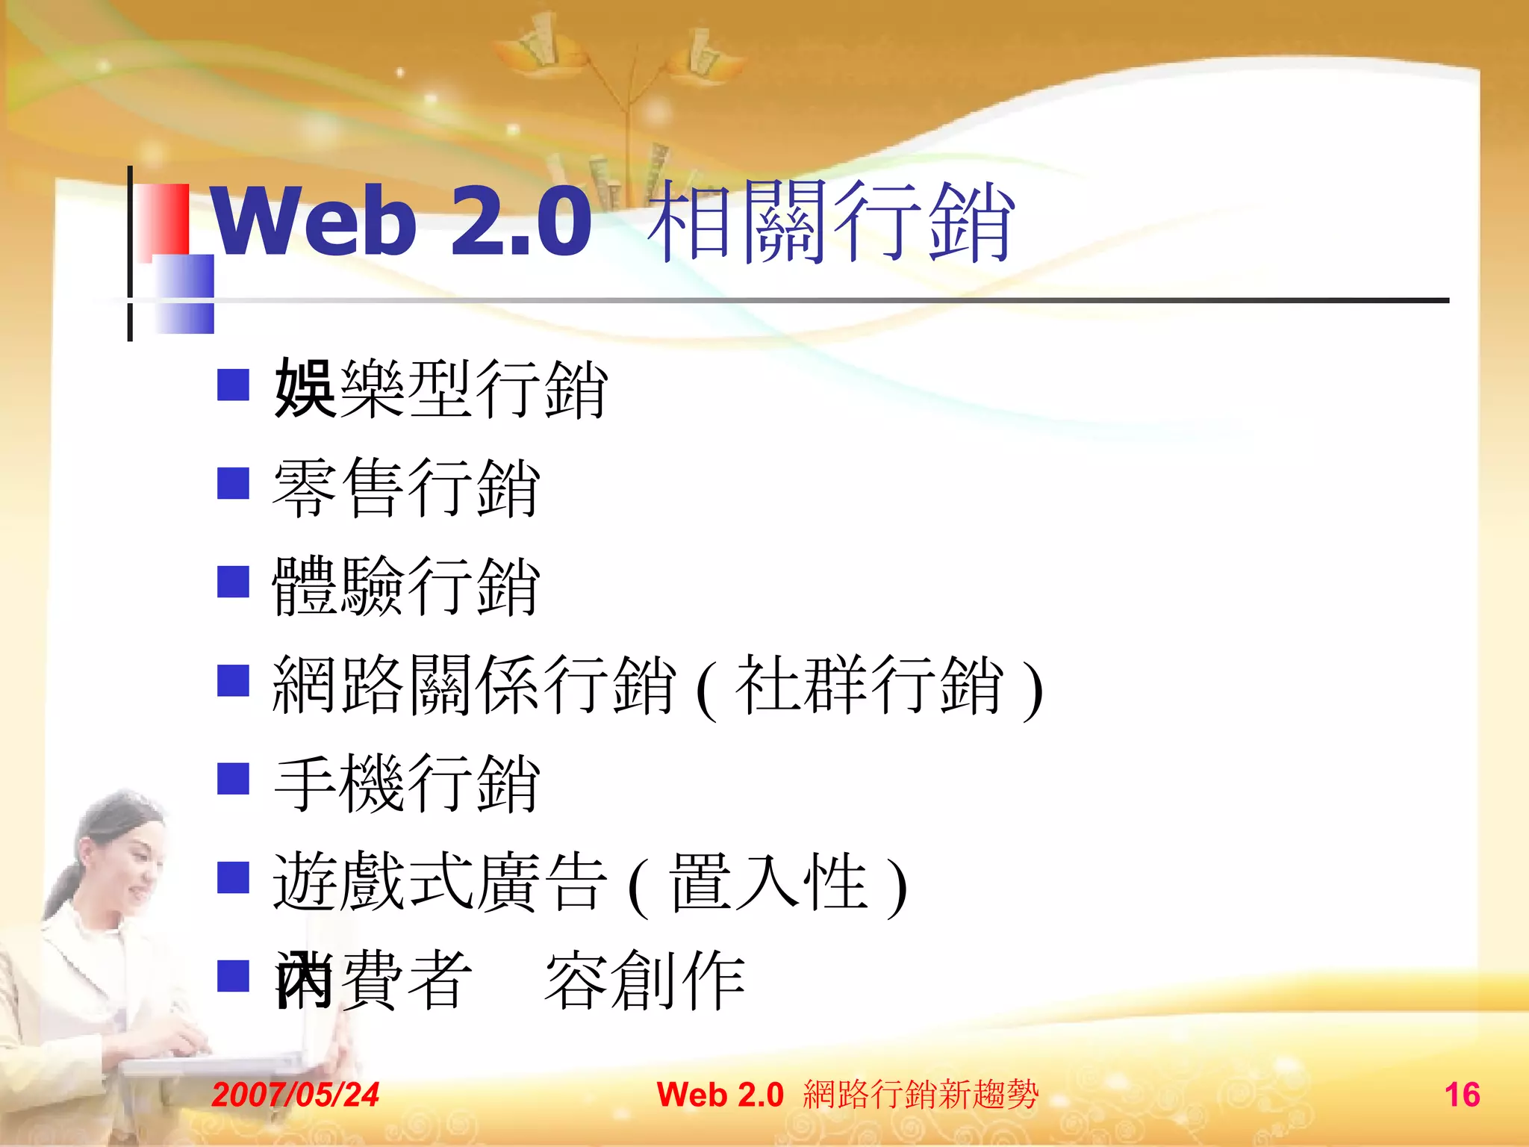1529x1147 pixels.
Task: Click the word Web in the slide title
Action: [x=314, y=221]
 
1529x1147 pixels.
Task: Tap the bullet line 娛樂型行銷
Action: [x=440, y=388]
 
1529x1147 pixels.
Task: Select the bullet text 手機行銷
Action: [x=406, y=783]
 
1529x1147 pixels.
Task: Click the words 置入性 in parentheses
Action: [x=769, y=883]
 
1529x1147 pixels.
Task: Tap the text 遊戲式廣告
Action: [x=440, y=883]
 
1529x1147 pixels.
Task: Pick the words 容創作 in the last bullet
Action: [x=645, y=980]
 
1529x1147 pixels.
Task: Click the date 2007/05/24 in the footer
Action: [x=296, y=1095]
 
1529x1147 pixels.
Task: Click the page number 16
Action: [x=1462, y=1095]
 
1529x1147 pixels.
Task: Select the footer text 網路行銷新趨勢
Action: [x=921, y=1095]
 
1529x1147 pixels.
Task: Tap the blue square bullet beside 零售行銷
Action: [x=233, y=483]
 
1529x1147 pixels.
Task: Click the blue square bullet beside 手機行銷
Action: [x=233, y=778]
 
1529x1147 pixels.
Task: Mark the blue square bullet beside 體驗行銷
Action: [x=233, y=582]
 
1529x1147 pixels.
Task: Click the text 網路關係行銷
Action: [x=475, y=685]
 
